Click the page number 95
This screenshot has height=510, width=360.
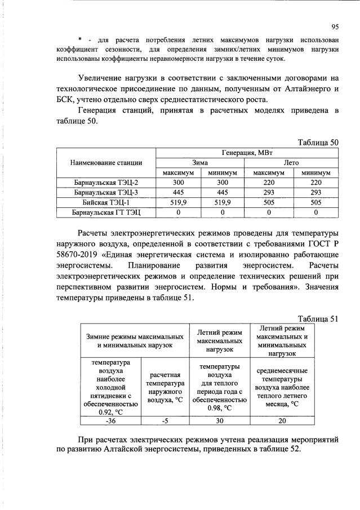(x=334, y=25)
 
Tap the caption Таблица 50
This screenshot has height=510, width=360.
(x=317, y=142)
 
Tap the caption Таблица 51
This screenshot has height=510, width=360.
(x=317, y=318)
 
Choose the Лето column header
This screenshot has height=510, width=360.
(x=291, y=162)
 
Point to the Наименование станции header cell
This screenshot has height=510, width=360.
(x=106, y=162)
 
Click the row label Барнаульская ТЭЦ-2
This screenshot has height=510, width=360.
(x=106, y=183)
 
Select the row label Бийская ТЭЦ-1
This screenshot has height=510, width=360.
(x=106, y=202)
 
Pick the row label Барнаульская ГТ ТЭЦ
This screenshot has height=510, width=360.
(x=106, y=212)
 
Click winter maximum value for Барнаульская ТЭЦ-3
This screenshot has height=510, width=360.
(x=179, y=193)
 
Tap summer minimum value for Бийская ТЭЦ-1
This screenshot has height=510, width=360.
(x=315, y=202)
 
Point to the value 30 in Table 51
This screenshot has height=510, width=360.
(x=219, y=419)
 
